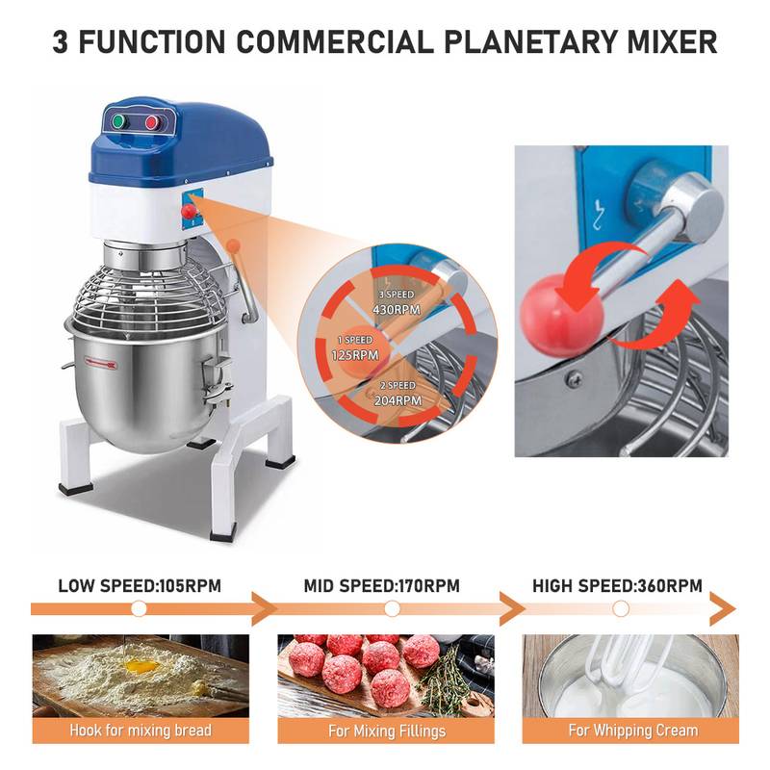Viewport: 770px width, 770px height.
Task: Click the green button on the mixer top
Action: (118, 122)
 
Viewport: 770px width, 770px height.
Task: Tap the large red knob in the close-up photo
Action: (560, 315)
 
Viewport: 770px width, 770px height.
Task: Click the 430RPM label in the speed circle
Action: (397, 310)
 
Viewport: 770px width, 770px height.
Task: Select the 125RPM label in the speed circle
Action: (355, 355)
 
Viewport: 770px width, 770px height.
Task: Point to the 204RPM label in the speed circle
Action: (398, 400)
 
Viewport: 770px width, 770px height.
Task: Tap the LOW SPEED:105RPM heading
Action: (140, 586)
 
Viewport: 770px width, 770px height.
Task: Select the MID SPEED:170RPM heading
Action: (382, 586)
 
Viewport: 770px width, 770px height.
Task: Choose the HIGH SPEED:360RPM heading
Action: (617, 586)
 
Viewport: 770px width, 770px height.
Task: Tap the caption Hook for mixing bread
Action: (141, 731)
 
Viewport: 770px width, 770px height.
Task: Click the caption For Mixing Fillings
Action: (387, 731)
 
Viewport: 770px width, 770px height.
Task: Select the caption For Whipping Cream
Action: (633, 731)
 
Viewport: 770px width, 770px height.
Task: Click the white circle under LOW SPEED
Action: (139, 609)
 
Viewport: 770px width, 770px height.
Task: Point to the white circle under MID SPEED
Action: (392, 609)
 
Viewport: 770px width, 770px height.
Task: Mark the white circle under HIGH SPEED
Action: (621, 609)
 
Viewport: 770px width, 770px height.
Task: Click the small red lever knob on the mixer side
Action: (189, 211)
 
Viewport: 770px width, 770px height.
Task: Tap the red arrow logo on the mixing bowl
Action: (101, 364)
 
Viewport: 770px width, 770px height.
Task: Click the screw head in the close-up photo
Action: (574, 378)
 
